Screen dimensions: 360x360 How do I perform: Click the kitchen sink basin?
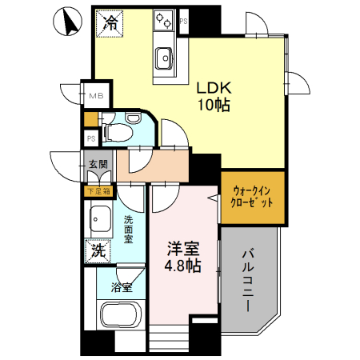(x=165, y=56)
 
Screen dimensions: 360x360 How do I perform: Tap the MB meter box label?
(x=96, y=97)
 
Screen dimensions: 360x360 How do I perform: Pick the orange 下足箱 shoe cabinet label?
(x=99, y=191)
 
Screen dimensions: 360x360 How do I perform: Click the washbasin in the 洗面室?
(x=100, y=217)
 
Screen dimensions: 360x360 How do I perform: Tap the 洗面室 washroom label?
(x=129, y=227)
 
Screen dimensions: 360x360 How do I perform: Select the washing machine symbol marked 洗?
(x=98, y=249)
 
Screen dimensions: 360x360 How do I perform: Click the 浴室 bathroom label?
(x=122, y=287)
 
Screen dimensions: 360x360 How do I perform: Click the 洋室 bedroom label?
(x=184, y=248)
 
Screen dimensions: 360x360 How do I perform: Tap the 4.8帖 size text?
(x=184, y=266)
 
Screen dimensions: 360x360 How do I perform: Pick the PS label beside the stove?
(x=183, y=21)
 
